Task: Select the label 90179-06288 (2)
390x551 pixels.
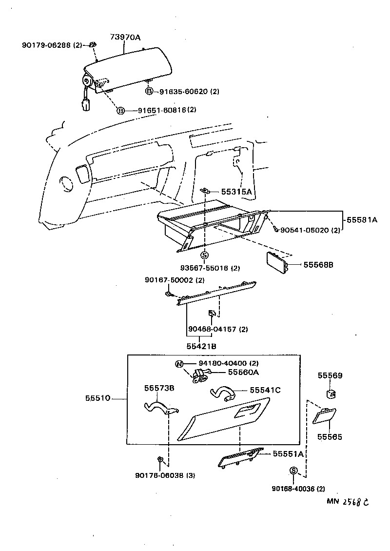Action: pyautogui.click(x=52, y=45)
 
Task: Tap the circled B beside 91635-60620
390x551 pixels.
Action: pyautogui.click(x=149, y=91)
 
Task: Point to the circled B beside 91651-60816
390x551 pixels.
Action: pyautogui.click(x=120, y=111)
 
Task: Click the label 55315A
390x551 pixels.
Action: pyautogui.click(x=237, y=192)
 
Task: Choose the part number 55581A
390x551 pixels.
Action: pyautogui.click(x=362, y=220)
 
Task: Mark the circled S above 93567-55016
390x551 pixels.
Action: pyautogui.click(x=205, y=255)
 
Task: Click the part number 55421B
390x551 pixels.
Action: pyautogui.click(x=201, y=346)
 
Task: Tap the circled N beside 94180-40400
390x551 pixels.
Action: pyautogui.click(x=179, y=363)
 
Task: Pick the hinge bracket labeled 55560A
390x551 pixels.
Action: pyautogui.click(x=200, y=375)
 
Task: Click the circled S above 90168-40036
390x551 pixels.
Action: pyautogui.click(x=293, y=470)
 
